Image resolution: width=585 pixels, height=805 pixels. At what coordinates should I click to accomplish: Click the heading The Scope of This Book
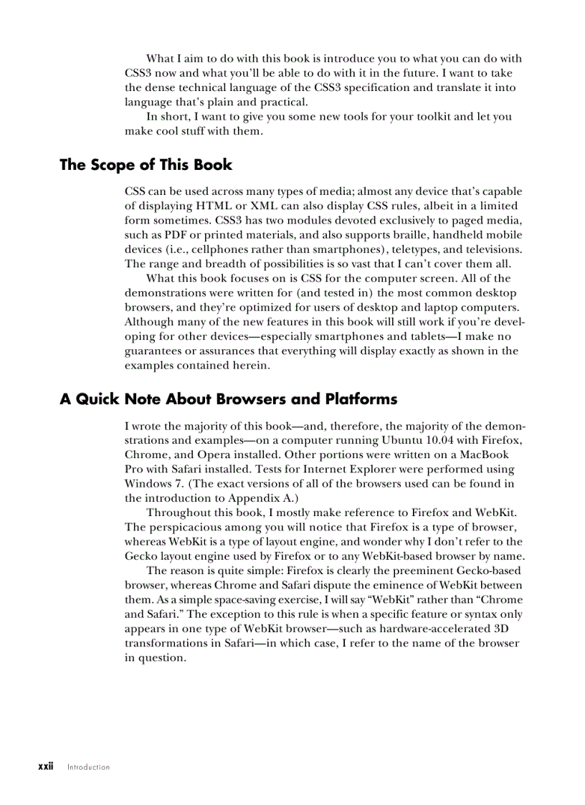click(x=146, y=165)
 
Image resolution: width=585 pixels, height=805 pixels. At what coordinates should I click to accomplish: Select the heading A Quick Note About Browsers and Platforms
click(x=228, y=399)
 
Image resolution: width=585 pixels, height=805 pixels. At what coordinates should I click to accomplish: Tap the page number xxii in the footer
click(x=45, y=766)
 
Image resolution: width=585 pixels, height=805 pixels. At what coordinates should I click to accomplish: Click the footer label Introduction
click(x=89, y=767)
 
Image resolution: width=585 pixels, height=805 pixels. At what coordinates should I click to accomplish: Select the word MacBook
click(x=485, y=454)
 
